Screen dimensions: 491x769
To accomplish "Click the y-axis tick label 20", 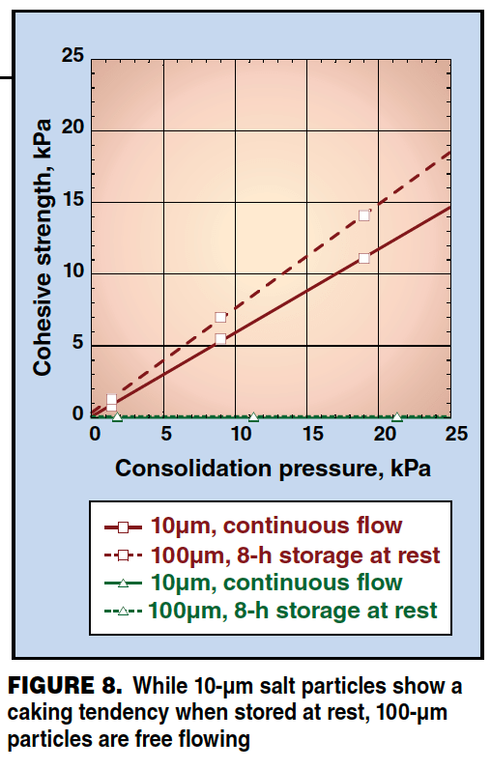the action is (73, 128).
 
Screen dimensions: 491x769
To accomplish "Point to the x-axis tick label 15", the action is (312, 434).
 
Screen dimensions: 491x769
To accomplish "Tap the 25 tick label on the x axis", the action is (456, 434).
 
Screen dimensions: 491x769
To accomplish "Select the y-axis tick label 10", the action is (73, 271).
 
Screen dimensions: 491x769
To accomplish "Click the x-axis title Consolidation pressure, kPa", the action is (273, 469).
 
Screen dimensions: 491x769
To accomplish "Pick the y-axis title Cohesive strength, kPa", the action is (43, 247).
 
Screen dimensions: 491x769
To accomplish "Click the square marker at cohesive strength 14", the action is (364, 215).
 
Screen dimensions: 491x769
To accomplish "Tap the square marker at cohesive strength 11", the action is (364, 259).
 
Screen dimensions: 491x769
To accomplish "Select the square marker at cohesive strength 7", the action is (220, 317).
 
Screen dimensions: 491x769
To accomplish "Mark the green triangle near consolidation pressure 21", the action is (397, 417).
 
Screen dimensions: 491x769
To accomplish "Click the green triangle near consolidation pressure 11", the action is (253, 417).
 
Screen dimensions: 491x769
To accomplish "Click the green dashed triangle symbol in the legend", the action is (123, 612).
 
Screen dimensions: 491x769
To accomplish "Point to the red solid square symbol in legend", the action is (123, 527).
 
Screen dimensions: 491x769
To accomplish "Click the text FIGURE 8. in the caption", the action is (65, 685).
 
